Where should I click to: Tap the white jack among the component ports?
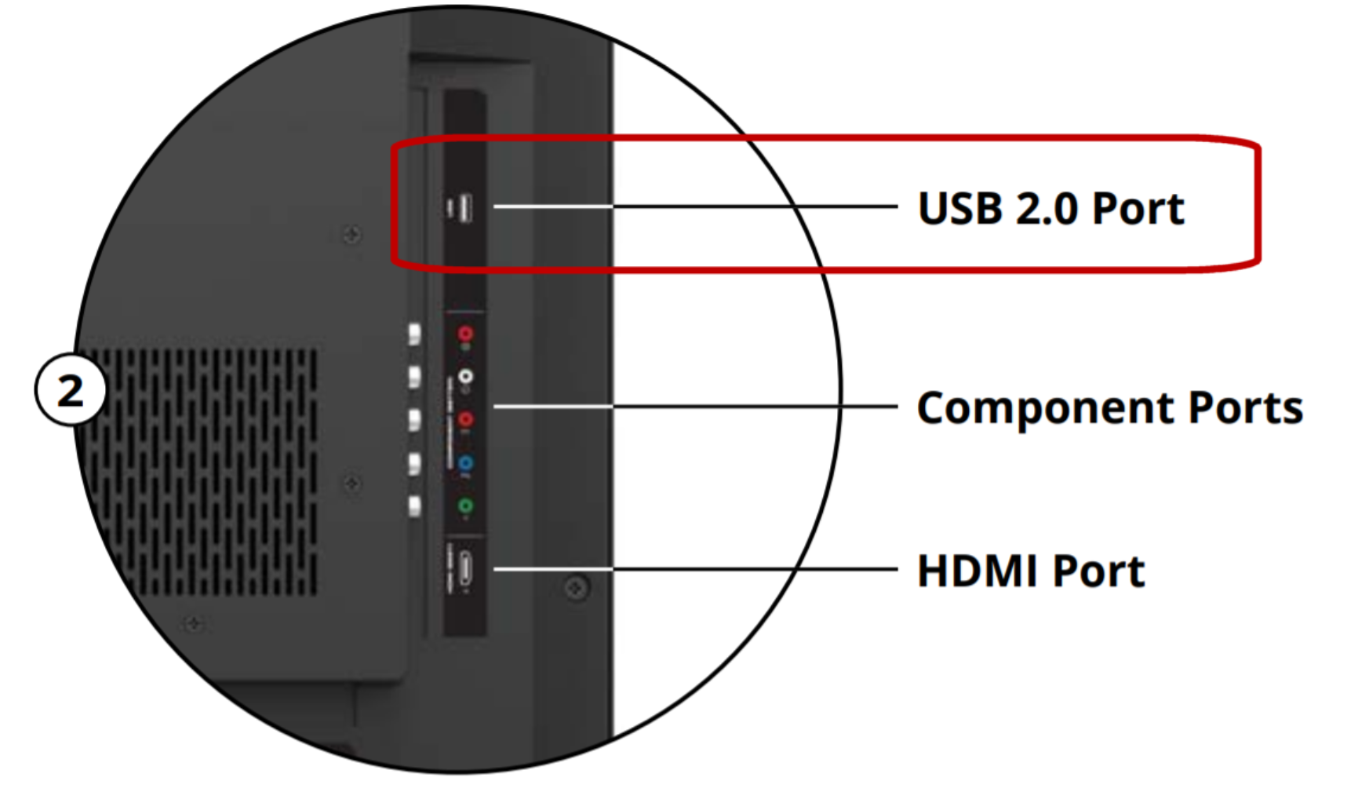466,378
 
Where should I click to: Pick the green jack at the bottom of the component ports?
465,506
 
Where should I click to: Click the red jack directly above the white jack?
465,334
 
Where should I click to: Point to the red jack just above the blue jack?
465,420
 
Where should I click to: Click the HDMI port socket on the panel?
465,568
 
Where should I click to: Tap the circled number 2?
71,390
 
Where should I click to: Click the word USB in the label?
959,210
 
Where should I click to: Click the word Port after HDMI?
1098,571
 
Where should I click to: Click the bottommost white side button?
414,506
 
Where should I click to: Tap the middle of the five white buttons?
414,420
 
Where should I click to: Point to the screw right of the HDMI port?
577,587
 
